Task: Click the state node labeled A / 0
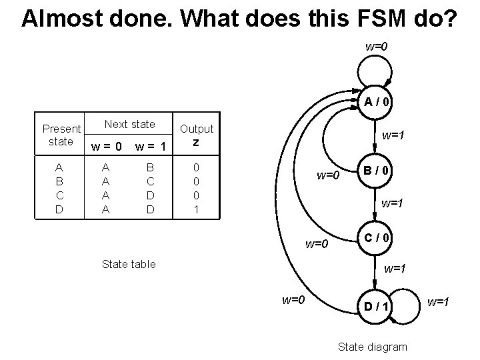pos(377,102)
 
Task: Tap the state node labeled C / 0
pos(377,237)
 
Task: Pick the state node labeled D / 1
pos(377,305)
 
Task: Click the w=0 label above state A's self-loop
pos(377,47)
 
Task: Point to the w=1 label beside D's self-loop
pos(439,303)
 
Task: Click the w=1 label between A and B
pos(393,136)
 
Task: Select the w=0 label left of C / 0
pos(317,243)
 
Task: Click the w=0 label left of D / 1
pos(293,299)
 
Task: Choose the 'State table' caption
pos(129,264)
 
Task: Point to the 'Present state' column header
pos(61,135)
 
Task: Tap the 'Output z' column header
pos(197,135)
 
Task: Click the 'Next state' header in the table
pos(130,124)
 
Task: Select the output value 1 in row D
pos(196,209)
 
